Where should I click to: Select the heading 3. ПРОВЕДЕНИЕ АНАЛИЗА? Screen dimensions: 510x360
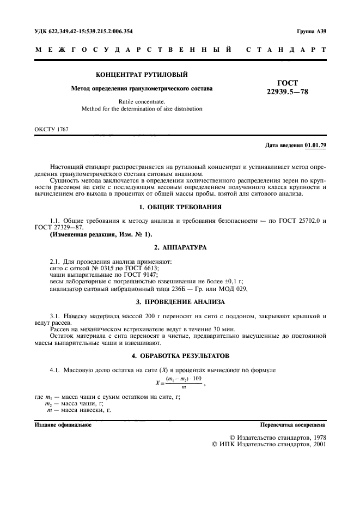pyautogui.click(x=180, y=301)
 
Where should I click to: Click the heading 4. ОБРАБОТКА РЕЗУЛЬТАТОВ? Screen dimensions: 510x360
pyautogui.click(x=180, y=356)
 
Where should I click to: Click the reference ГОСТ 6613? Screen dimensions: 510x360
pyautogui.click(x=143, y=269)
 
